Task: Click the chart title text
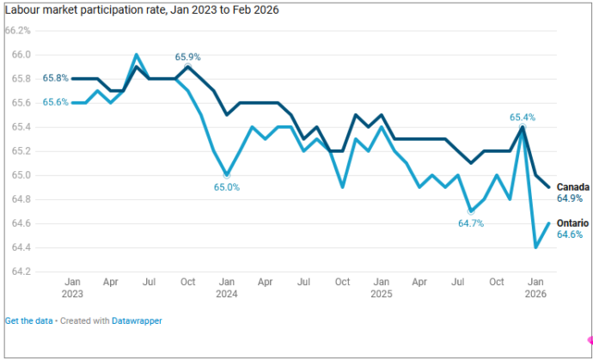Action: point(142,10)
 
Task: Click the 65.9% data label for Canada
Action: point(187,58)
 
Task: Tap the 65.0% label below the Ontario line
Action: point(227,187)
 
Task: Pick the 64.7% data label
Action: point(471,223)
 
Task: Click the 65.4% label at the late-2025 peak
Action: point(523,118)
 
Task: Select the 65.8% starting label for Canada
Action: point(56,79)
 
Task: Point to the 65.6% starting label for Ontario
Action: point(56,102)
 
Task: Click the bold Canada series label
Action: point(573,187)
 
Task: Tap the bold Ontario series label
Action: point(572,223)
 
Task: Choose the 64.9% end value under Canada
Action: point(570,198)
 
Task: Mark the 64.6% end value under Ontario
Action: point(570,235)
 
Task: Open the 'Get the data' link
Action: point(28,321)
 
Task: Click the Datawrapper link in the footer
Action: point(137,321)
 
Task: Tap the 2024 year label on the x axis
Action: point(227,294)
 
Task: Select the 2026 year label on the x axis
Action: point(536,294)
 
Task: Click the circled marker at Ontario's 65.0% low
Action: point(227,175)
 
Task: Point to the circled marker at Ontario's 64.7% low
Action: point(471,211)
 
